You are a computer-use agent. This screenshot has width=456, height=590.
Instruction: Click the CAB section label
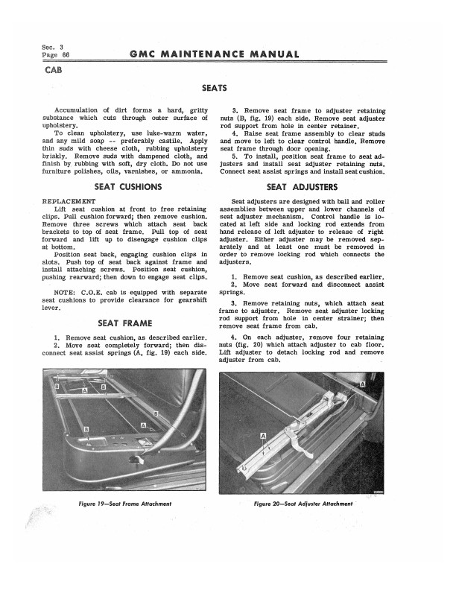pyautogui.click(x=54, y=72)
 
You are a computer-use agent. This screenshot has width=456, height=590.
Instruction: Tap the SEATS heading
pyautogui.click(x=215, y=89)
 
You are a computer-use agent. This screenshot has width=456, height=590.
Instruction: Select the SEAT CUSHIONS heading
pyautogui.click(x=125, y=185)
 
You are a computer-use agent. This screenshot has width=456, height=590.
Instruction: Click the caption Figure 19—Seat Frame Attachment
pyautogui.click(x=125, y=504)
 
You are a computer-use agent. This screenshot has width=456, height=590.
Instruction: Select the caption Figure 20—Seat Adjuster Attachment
pyautogui.click(x=303, y=504)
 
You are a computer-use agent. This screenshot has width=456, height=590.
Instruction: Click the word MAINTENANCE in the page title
pyautogui.click(x=212, y=54)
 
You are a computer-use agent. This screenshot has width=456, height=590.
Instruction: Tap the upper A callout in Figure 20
pyautogui.click(x=363, y=384)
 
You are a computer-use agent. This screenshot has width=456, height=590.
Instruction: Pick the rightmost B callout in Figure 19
pyautogui.click(x=155, y=413)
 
